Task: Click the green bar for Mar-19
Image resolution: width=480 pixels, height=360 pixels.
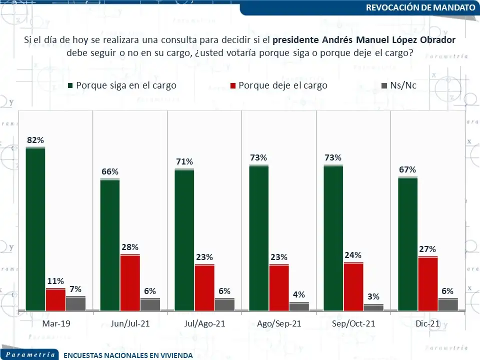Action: click(35, 229)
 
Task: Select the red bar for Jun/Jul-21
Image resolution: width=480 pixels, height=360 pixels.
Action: click(130, 282)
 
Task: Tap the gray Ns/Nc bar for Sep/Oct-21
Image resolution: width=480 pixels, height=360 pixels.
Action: click(373, 307)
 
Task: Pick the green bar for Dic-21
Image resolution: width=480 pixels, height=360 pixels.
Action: click(408, 244)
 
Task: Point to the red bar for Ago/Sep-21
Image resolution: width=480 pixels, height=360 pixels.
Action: click(279, 287)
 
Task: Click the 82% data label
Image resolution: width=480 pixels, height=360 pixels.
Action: click(35, 140)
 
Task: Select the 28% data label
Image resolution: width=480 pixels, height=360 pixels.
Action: click(130, 247)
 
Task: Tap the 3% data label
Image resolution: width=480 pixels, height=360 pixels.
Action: click(373, 296)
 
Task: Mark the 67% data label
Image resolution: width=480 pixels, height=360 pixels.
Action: click(408, 169)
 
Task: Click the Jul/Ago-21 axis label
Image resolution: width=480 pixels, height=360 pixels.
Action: click(204, 323)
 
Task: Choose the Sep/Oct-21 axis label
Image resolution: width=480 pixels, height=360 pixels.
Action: click(353, 323)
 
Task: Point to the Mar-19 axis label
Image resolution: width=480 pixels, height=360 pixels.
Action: click(56, 323)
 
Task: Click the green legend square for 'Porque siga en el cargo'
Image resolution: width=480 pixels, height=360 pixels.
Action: click(70, 86)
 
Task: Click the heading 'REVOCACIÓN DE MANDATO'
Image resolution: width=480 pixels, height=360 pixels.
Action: click(420, 7)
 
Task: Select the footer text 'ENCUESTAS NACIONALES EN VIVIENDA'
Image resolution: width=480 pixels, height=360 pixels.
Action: click(128, 355)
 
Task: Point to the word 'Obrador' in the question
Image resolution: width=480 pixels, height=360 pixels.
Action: click(438, 40)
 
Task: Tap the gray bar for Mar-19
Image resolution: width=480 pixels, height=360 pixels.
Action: click(75, 303)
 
